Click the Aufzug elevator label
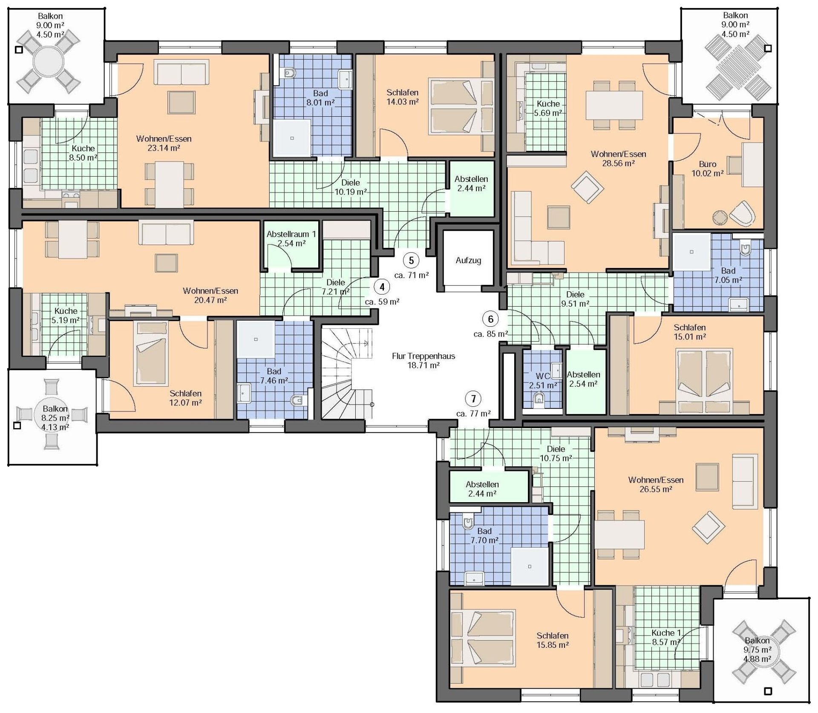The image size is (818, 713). (x=468, y=260)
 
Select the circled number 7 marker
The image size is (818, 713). (x=473, y=399)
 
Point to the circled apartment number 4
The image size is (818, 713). (x=382, y=287)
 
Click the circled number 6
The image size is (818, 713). (x=491, y=319)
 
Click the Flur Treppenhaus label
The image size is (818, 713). (x=423, y=356)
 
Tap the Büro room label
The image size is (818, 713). (x=708, y=164)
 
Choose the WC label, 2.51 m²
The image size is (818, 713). (x=543, y=376)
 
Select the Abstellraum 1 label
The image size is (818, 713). (x=291, y=234)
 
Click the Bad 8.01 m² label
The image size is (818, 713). (x=320, y=98)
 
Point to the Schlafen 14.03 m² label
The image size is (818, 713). (x=403, y=97)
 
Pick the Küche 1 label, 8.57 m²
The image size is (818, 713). (x=666, y=637)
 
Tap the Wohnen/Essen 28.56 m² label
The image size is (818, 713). (x=619, y=158)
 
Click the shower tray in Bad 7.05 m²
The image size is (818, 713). (x=691, y=252)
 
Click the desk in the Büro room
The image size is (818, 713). (x=753, y=164)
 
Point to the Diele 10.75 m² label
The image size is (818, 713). (x=556, y=454)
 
